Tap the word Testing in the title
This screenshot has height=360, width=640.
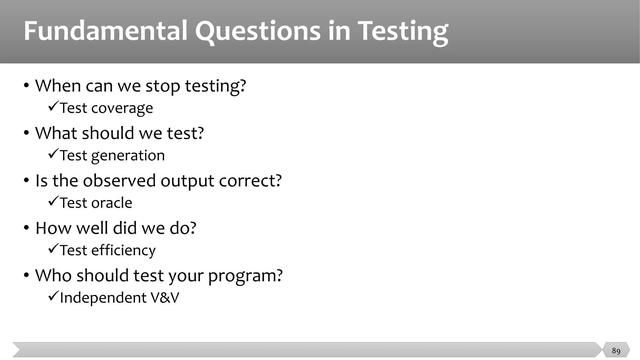pos(403,31)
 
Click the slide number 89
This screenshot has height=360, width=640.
pos(616,351)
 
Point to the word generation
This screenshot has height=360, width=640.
pos(128,156)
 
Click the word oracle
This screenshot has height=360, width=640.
pos(112,203)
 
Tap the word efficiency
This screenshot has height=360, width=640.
pos(123,250)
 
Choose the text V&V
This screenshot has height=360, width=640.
pos(165,297)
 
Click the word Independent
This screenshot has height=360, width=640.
pos(103,298)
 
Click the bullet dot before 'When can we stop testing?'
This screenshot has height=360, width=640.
pos(27,85)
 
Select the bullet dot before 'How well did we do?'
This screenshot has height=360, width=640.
pos(27,227)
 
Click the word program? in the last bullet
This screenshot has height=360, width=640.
pos(245,276)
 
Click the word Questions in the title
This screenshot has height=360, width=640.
pos(258,31)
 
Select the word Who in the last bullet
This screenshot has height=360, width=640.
pos(53,275)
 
